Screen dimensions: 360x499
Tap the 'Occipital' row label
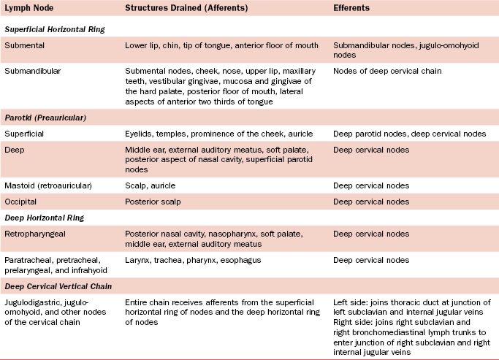pyautogui.click(x=23, y=201)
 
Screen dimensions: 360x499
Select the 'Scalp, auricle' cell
pyautogui.click(x=151, y=185)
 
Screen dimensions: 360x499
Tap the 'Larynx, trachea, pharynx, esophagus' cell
pyautogui.click(x=193, y=260)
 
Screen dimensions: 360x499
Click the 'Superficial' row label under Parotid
pyautogui.click(x=26, y=134)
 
